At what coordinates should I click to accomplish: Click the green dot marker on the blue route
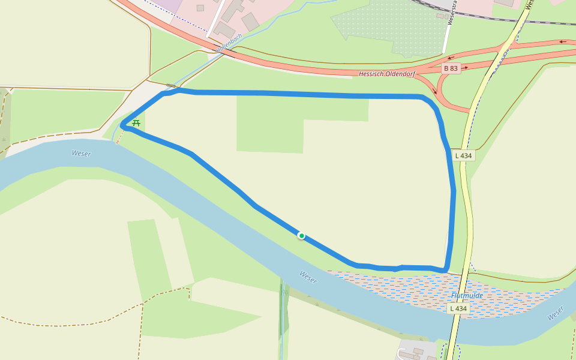(x=301, y=236)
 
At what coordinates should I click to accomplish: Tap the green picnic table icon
(x=136, y=123)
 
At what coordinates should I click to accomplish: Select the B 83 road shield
(x=450, y=68)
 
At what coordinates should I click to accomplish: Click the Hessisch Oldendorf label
(x=387, y=74)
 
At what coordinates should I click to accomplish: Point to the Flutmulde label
(x=467, y=295)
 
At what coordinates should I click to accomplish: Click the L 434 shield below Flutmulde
(x=458, y=308)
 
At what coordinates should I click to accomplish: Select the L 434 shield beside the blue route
(x=463, y=155)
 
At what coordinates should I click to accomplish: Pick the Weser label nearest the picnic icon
(x=81, y=154)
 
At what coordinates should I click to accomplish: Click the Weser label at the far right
(x=556, y=313)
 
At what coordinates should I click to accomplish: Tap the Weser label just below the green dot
(x=308, y=277)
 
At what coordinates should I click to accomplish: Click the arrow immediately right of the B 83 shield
(x=466, y=68)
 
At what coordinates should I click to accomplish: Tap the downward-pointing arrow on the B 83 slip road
(x=435, y=91)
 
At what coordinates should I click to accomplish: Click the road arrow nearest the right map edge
(x=563, y=41)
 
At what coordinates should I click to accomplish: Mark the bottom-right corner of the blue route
(x=446, y=270)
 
